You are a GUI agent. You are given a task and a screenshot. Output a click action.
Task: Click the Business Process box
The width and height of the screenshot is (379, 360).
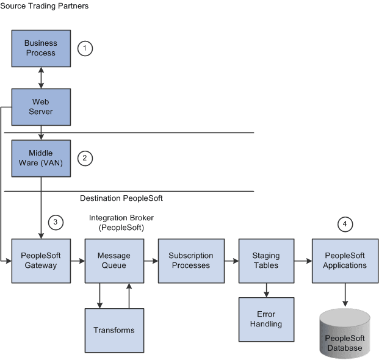[x=41, y=48]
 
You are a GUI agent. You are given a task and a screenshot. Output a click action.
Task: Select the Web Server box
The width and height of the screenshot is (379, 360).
[x=41, y=107]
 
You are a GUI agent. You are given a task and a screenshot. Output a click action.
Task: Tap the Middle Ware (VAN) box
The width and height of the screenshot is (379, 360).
[x=41, y=157]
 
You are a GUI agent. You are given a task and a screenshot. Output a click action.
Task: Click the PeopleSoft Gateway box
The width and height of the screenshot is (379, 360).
[x=41, y=261]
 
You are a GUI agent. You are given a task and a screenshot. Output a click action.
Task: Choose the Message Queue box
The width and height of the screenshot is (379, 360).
[x=114, y=261]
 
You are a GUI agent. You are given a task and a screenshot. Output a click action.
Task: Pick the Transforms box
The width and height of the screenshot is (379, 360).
[x=114, y=330]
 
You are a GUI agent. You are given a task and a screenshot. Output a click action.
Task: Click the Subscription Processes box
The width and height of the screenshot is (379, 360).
[x=190, y=261]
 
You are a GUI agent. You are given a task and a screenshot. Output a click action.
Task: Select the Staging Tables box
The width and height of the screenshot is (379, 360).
[x=265, y=261]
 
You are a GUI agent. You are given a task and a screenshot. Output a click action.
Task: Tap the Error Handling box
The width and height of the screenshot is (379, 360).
[x=265, y=319]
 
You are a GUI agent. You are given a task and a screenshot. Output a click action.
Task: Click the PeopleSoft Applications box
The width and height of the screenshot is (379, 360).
[x=345, y=261]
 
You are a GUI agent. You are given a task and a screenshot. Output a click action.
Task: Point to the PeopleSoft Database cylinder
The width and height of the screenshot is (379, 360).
[x=345, y=334]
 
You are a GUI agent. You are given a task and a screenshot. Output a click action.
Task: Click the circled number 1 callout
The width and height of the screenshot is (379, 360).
[x=86, y=48]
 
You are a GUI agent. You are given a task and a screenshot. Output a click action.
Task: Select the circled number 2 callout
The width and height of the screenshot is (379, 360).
[x=85, y=158]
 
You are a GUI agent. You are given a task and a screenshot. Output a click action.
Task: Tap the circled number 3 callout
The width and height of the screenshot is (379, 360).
[x=55, y=222]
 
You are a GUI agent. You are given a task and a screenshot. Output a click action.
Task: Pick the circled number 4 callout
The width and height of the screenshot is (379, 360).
[x=345, y=224]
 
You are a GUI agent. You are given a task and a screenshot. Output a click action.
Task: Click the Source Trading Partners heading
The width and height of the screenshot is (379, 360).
[x=45, y=6]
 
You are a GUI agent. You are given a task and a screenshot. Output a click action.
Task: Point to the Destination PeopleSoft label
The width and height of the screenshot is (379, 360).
[x=121, y=198]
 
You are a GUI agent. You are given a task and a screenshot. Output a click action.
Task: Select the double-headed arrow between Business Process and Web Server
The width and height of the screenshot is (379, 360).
[x=41, y=77]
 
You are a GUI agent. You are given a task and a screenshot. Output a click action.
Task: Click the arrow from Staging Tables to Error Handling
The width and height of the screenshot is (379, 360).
[x=265, y=290]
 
